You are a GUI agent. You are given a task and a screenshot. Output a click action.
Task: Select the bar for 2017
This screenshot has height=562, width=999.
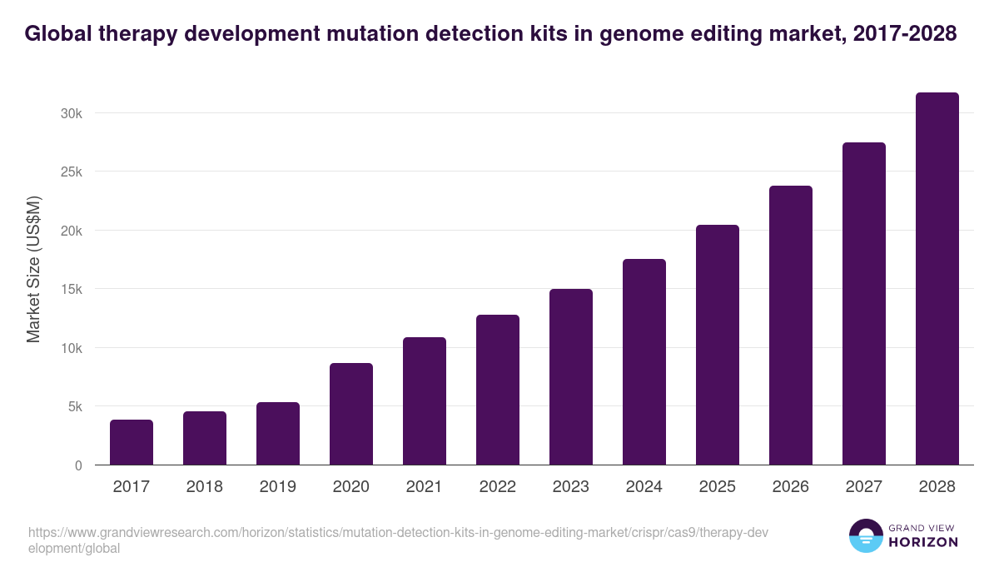132,442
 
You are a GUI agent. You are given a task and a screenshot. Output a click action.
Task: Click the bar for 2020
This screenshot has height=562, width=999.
351,414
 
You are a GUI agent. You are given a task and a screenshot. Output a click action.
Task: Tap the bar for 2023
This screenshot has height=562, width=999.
571,377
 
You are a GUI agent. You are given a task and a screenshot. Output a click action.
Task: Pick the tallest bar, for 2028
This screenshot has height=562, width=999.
937,279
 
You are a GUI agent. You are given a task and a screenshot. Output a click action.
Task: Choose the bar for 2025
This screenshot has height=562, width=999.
718,345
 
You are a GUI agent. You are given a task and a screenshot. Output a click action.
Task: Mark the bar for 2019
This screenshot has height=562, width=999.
278,434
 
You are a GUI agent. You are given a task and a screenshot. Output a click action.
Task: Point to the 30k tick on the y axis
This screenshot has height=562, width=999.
72,113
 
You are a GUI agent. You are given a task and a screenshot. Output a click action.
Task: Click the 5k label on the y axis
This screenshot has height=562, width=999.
74,407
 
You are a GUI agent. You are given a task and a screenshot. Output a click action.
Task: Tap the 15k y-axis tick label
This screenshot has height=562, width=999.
72,290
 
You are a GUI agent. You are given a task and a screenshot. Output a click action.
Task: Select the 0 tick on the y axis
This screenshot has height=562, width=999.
78,465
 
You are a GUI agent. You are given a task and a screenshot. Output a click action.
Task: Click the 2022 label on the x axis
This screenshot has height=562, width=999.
498,487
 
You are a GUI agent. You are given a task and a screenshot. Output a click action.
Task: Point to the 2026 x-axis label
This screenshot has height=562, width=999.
791,487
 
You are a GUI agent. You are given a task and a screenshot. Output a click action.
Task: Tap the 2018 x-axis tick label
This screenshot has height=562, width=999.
205,487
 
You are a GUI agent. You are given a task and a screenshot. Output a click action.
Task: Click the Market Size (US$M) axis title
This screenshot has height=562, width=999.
34,269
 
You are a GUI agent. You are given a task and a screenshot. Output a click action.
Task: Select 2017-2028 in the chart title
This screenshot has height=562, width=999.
905,34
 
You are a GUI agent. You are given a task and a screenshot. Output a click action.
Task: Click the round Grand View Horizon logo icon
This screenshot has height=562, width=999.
866,536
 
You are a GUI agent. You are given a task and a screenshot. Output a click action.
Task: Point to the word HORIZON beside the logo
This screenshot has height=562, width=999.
925,542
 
